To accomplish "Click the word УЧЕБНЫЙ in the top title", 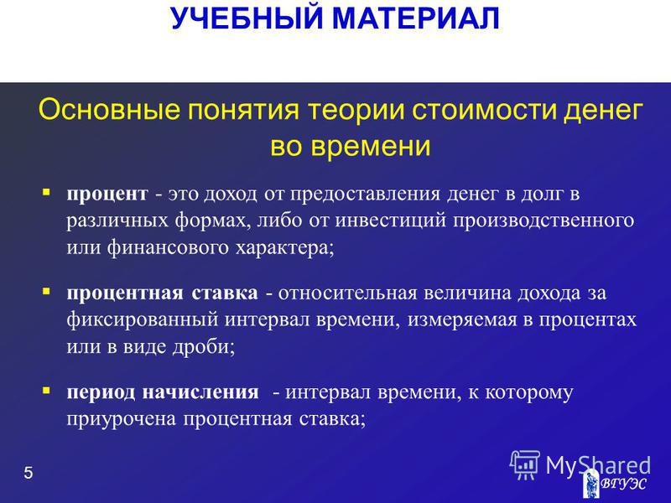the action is click(246, 18).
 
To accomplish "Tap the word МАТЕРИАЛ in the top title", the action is click(416, 18).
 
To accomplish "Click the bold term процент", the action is click(107, 194).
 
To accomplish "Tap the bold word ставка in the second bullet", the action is click(225, 293).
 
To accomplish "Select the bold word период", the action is click(101, 392).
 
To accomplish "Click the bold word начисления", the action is click(200, 392).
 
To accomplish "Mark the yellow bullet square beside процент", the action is click(46, 192).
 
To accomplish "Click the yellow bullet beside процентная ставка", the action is click(46, 291).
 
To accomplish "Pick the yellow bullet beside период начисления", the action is click(46, 391).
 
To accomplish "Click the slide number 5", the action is click(29, 473).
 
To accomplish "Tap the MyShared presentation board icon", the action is click(525, 465).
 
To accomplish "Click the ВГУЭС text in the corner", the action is click(623, 484).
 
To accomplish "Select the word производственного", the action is click(544, 221).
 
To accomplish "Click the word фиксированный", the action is click(143, 319).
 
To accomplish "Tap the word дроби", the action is click(204, 346).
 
